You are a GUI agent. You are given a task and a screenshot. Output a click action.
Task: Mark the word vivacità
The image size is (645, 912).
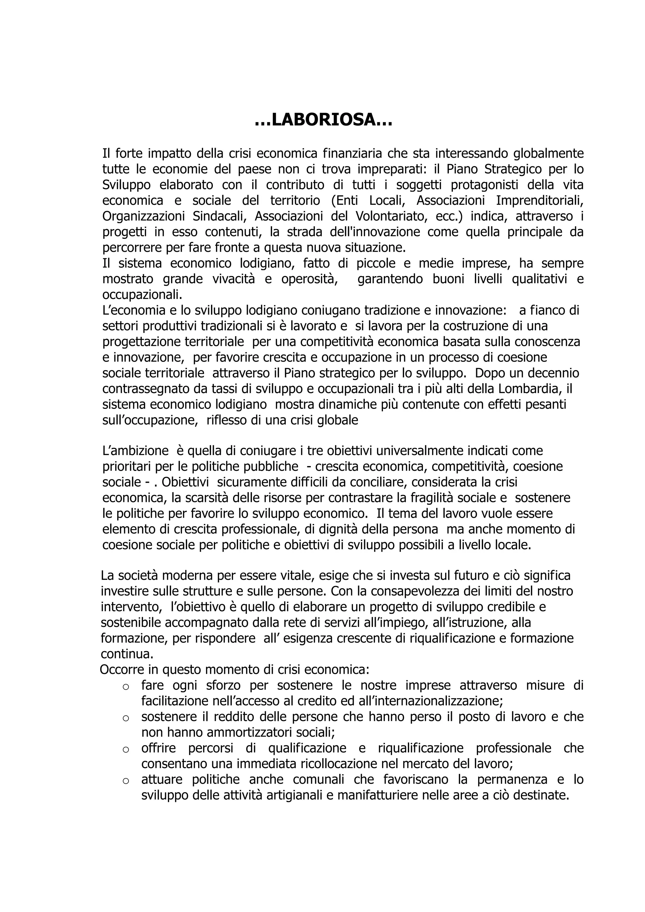click(234, 279)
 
